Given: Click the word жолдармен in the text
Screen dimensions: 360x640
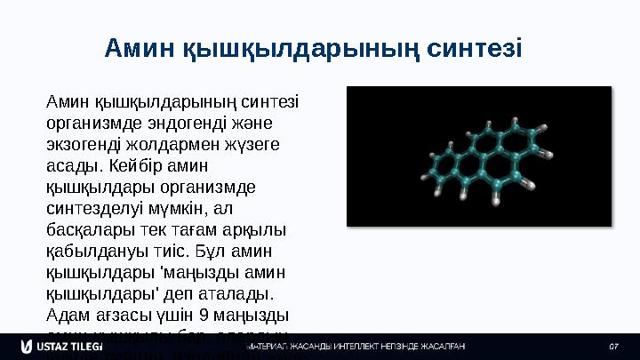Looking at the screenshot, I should pos(166,143).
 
